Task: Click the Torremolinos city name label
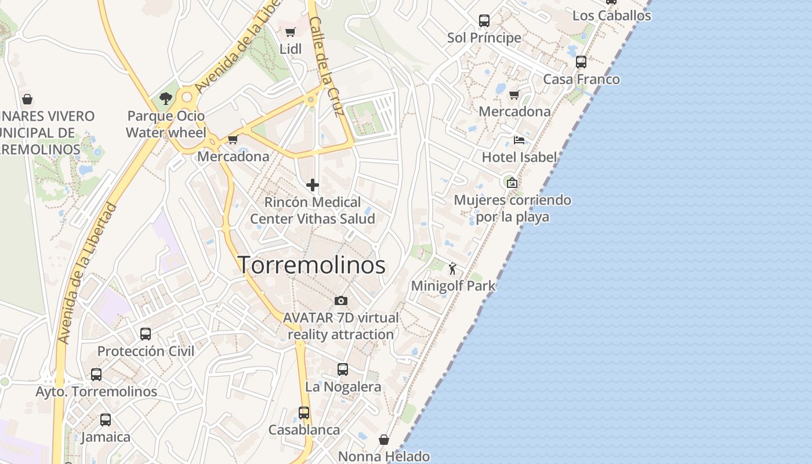[311, 265]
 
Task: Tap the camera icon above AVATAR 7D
[341, 300]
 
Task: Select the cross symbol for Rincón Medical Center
[313, 185]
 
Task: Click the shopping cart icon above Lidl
[291, 32]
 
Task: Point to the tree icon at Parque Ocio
[166, 99]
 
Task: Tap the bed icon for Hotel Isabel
[519, 140]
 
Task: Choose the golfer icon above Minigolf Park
[453, 269]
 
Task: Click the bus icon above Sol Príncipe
[484, 21]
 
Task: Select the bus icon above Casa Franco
[581, 62]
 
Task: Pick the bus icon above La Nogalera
[343, 369]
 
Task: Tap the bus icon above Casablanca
[304, 413]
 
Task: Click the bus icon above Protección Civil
[146, 334]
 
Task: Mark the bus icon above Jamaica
[106, 420]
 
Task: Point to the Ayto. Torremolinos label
[96, 391]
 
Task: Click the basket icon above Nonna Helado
[383, 440]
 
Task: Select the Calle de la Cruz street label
[328, 67]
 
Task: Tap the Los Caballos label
[611, 16]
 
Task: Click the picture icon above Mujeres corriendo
[512, 183]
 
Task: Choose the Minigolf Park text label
[453, 285]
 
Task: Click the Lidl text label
[291, 49]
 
